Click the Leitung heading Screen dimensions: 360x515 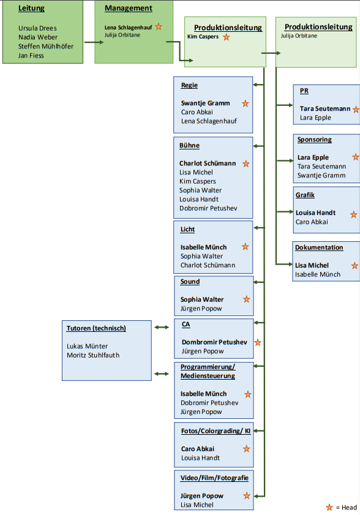(x=31, y=9)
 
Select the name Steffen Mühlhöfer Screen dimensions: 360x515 (x=46, y=47)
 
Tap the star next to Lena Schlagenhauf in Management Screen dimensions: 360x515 (x=159, y=26)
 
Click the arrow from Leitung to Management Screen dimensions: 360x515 (x=94, y=42)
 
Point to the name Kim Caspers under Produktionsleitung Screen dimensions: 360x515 (x=203, y=37)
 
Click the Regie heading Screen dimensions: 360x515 (x=189, y=85)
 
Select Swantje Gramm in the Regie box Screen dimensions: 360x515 (x=205, y=103)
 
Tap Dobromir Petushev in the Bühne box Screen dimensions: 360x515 (x=208, y=208)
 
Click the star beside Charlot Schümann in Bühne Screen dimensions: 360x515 (x=246, y=164)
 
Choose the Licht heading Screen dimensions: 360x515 (x=187, y=229)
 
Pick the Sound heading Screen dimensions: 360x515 (x=190, y=282)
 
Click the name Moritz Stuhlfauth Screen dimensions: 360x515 (x=93, y=355)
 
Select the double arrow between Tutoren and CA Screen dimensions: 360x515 (x=162, y=327)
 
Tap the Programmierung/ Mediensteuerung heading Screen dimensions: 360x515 (x=208, y=372)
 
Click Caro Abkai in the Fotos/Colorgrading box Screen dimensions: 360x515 (x=197, y=449)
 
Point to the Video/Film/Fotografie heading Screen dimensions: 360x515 (x=214, y=478)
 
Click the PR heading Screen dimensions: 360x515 (x=304, y=91)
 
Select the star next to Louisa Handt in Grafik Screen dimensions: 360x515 (x=354, y=215)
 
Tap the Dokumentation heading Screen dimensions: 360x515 (x=319, y=247)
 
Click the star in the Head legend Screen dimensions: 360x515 (x=329, y=508)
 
